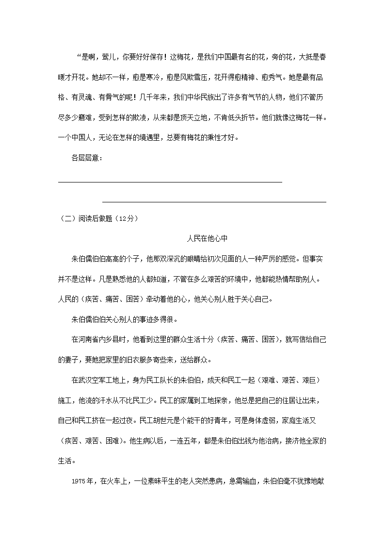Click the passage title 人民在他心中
(x=207, y=239)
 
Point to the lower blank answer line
(x=214, y=202)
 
